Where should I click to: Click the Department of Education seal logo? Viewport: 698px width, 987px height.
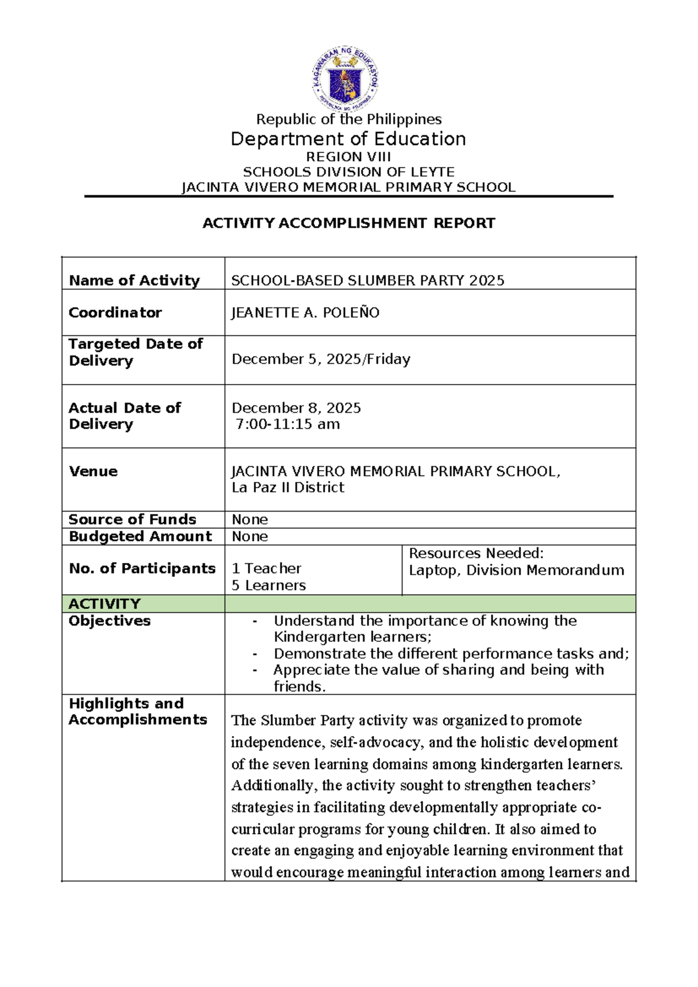346,80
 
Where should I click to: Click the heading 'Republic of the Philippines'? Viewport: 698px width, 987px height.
349,119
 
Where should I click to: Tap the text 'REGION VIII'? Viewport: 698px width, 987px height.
348,157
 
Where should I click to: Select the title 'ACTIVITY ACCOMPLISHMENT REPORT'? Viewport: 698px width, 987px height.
348,223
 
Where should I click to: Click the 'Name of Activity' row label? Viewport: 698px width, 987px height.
134,281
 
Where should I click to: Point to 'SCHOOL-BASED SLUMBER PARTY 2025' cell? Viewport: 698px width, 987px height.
368,281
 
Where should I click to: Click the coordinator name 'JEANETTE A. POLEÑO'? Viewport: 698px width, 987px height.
305,313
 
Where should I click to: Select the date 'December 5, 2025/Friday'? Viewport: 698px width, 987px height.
321,359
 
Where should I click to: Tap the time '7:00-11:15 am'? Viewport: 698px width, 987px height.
288,424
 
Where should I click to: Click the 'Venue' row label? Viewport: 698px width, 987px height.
93,471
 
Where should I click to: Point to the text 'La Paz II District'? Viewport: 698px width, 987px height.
288,488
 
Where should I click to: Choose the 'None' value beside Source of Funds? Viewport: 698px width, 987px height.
250,520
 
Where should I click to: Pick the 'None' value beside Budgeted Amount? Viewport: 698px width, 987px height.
250,537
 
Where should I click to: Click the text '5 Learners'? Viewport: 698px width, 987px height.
269,585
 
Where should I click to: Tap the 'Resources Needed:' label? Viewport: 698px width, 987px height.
476,553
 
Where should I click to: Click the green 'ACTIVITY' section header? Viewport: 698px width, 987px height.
105,603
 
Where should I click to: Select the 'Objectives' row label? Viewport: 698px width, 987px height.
109,621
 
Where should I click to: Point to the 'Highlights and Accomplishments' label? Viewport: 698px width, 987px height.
137,711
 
